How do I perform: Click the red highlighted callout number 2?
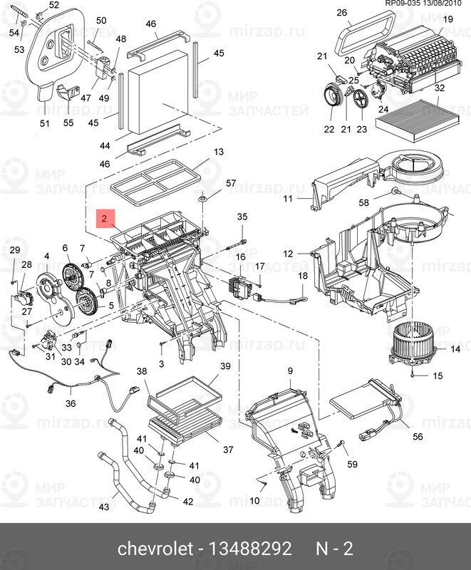click(x=105, y=219)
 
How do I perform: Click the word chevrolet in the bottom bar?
click(x=155, y=549)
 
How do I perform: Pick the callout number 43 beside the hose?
click(x=103, y=507)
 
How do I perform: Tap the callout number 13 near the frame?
click(x=219, y=152)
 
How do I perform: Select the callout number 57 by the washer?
click(x=230, y=184)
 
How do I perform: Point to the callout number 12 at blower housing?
click(x=288, y=254)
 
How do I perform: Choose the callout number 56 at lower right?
click(x=418, y=437)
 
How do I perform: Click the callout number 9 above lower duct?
click(x=290, y=371)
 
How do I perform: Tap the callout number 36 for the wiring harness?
click(x=71, y=403)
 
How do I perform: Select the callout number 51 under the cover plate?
click(x=45, y=123)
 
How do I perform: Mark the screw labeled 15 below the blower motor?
click(x=413, y=373)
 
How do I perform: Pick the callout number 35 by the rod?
click(x=242, y=217)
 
